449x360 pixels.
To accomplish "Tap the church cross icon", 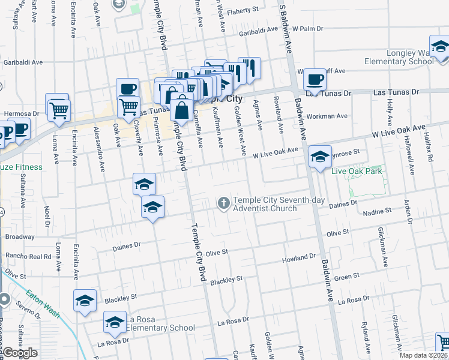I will pyautogui.click(x=224, y=203).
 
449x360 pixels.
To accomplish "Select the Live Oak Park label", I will pyautogui.click(x=357, y=172).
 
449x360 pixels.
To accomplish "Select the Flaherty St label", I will pyautogui.click(x=245, y=10).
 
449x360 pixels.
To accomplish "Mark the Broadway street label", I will pyautogui.click(x=20, y=236).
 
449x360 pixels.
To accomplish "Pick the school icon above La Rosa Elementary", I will pyautogui.click(x=85, y=301).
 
